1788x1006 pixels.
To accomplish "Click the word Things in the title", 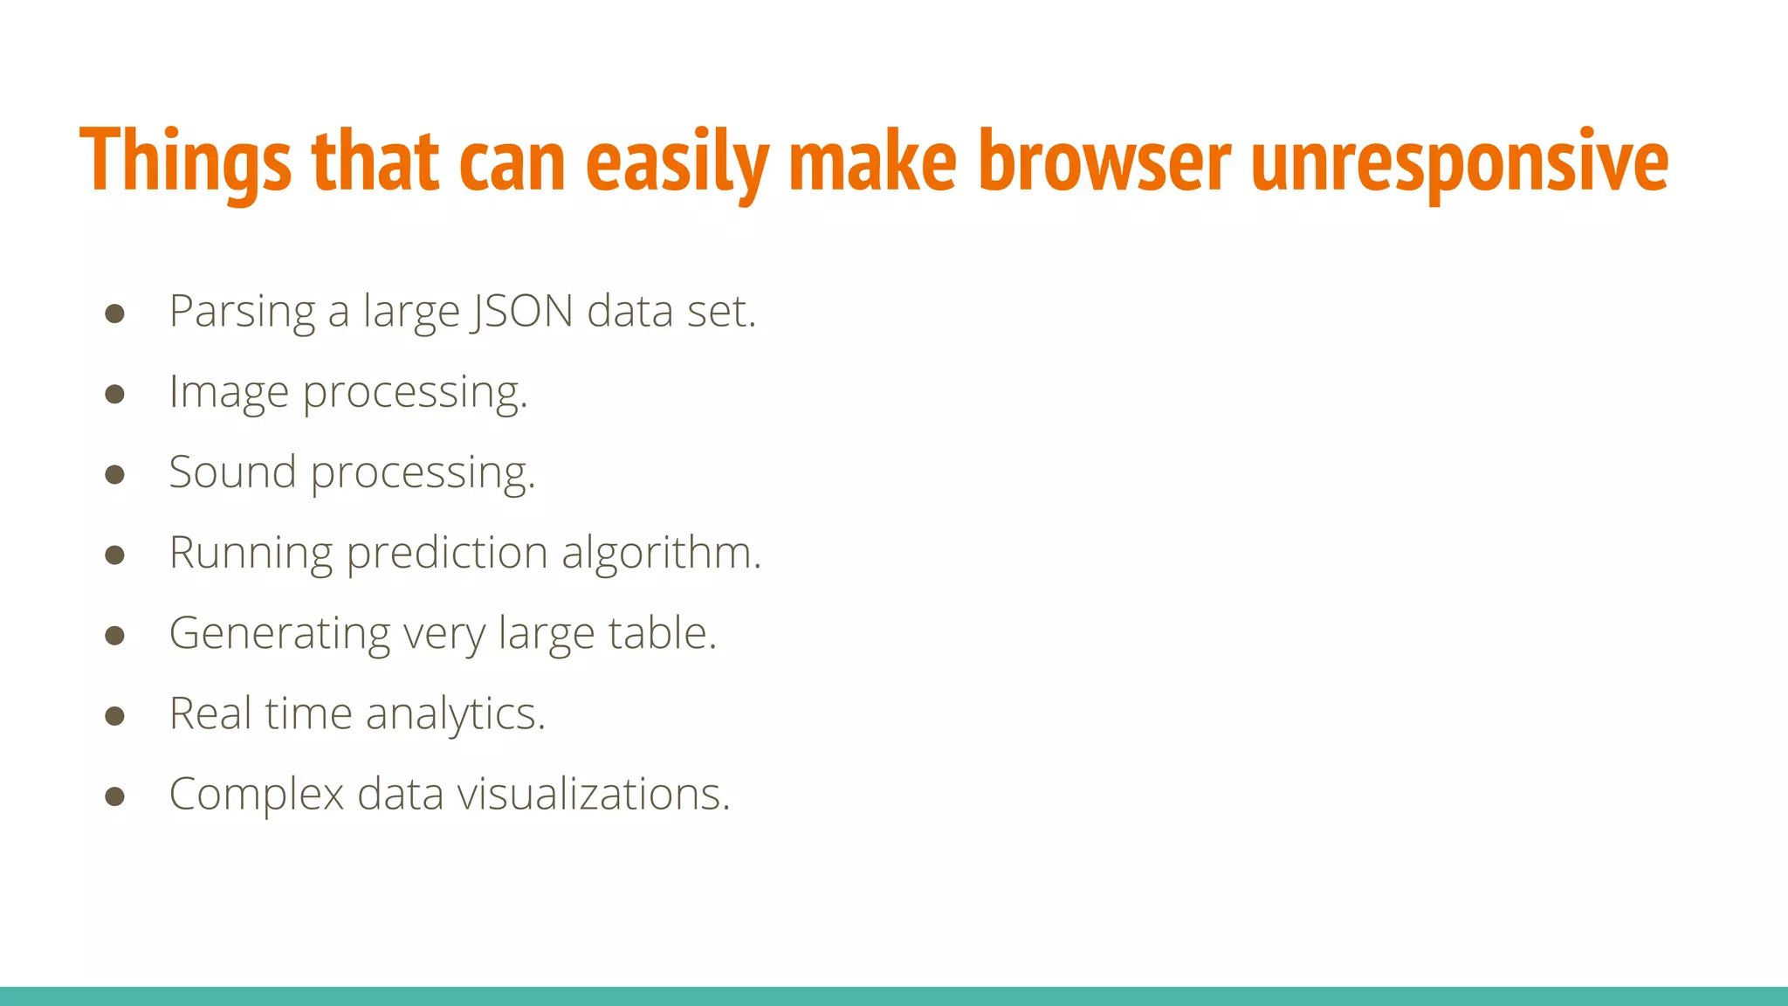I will coord(185,162).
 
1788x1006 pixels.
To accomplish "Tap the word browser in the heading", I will coord(1104,162).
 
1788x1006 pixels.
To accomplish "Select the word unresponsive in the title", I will coord(1459,162).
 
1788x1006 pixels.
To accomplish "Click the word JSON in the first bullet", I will coord(521,311).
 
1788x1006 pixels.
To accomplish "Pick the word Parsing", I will coord(242,313).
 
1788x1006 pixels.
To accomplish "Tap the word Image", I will coord(229,393).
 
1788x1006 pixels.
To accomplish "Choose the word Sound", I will coord(232,472).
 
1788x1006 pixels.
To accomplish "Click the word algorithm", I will coord(661,553).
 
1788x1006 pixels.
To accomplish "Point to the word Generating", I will coord(279,634).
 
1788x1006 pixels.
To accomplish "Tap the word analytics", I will coord(455,714).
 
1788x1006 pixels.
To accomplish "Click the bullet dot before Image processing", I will coord(114,394).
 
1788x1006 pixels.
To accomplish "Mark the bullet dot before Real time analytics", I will coord(114,716).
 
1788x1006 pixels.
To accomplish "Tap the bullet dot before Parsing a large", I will coord(114,314).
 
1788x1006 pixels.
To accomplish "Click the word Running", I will coord(251,554).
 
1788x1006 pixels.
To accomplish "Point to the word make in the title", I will coord(872,162).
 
